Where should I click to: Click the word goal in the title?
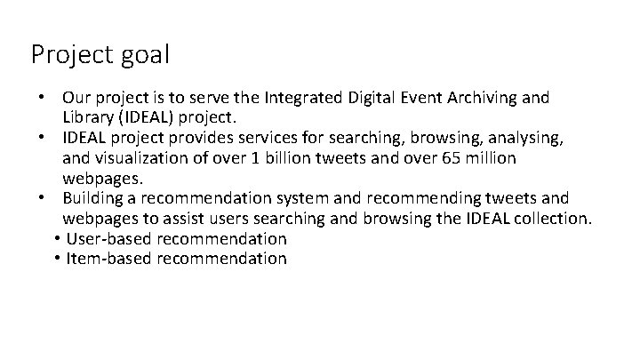140,55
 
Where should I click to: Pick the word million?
484,158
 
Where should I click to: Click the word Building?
93,197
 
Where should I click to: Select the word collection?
545,219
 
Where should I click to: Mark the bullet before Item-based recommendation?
57,259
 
